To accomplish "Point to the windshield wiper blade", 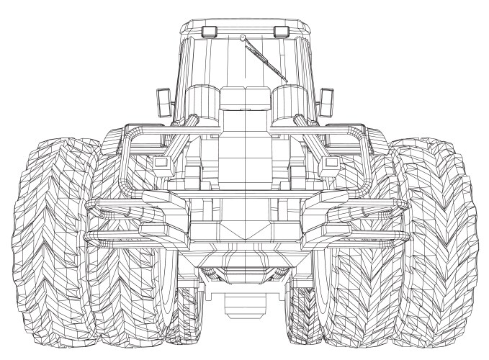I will [266, 60].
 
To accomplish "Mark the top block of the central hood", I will [244, 98].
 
